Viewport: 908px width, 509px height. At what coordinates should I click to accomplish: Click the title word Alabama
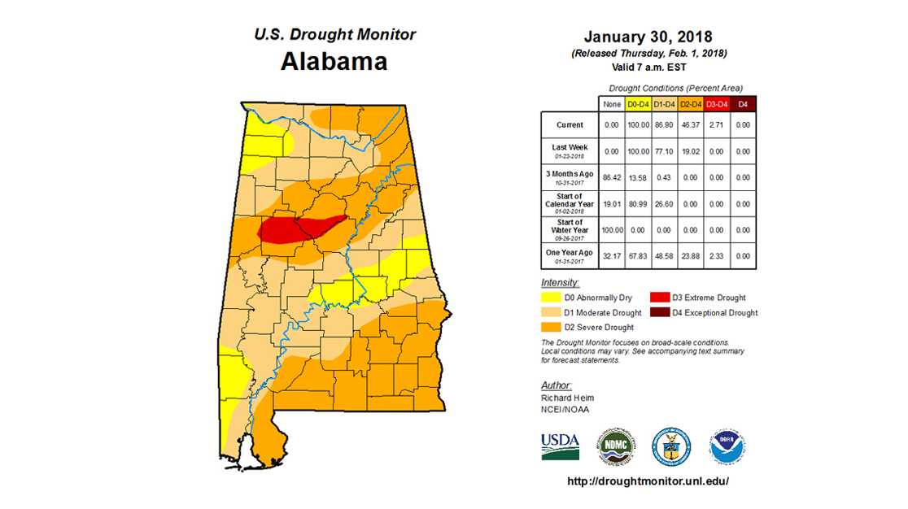(x=334, y=62)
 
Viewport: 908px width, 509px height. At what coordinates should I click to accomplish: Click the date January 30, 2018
(x=648, y=37)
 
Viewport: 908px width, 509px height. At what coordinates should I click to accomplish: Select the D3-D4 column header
(x=717, y=104)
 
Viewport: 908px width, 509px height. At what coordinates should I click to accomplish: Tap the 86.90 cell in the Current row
(x=664, y=125)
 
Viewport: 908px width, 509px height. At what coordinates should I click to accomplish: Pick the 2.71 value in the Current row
(x=717, y=125)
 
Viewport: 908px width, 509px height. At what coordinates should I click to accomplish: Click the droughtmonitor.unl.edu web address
(x=648, y=481)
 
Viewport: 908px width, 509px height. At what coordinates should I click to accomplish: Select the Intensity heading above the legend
(x=560, y=282)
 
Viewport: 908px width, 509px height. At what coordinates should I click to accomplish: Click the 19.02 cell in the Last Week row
(x=690, y=151)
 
